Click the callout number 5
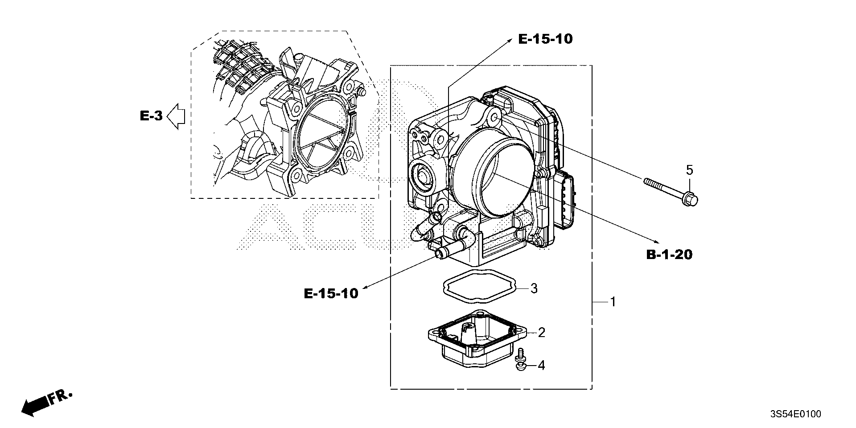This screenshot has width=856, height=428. click(689, 170)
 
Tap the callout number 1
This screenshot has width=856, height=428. click(613, 302)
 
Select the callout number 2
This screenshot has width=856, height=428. click(541, 332)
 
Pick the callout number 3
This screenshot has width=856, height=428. click(534, 288)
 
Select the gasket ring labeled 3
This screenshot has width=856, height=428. click(479, 286)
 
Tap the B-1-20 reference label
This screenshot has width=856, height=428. click(669, 255)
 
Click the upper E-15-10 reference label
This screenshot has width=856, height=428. click(545, 39)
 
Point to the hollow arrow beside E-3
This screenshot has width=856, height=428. click(176, 116)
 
